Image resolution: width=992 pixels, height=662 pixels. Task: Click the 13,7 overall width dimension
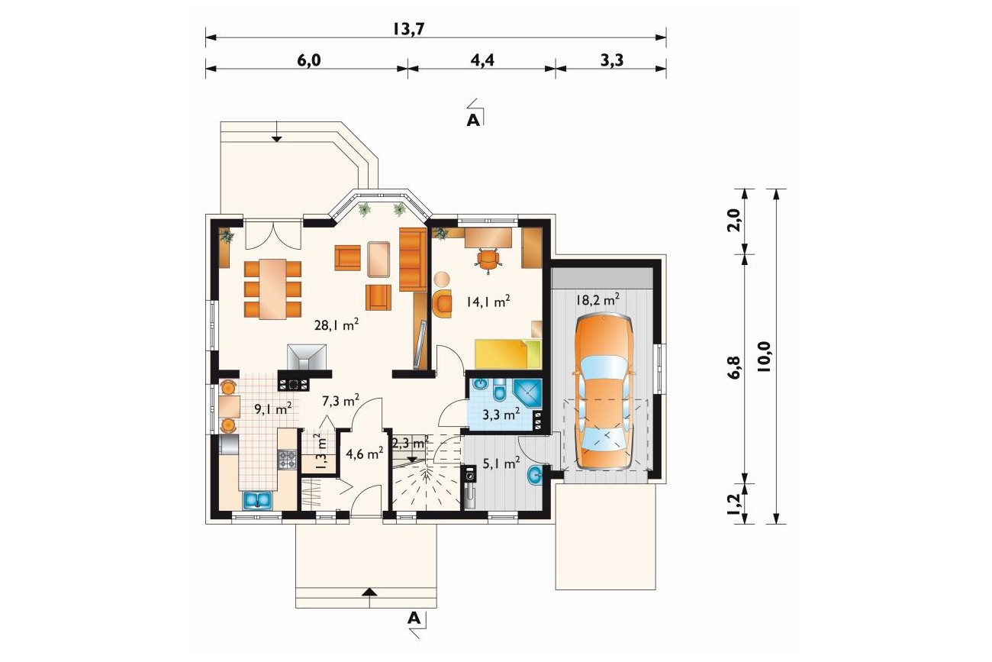click(x=408, y=29)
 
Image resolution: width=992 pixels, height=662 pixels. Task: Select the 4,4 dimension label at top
click(x=482, y=60)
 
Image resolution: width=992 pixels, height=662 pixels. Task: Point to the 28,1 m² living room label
click(x=337, y=325)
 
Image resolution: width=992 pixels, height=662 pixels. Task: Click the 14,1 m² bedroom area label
click(x=488, y=302)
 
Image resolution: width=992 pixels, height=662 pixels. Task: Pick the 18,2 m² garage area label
click(x=597, y=299)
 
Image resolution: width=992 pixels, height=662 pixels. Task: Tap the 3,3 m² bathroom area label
click(x=501, y=415)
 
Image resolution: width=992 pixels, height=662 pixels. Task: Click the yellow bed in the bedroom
click(x=508, y=354)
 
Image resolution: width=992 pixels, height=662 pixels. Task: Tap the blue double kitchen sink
click(x=257, y=501)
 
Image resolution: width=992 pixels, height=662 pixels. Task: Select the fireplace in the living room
click(x=307, y=357)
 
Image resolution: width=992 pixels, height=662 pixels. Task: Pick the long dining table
click(x=273, y=289)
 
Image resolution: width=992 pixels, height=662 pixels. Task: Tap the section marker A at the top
click(x=473, y=120)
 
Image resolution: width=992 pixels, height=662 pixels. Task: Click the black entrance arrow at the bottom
click(x=370, y=591)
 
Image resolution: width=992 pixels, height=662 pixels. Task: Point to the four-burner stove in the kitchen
click(x=287, y=460)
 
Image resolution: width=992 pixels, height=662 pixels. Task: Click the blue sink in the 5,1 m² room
click(x=536, y=476)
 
